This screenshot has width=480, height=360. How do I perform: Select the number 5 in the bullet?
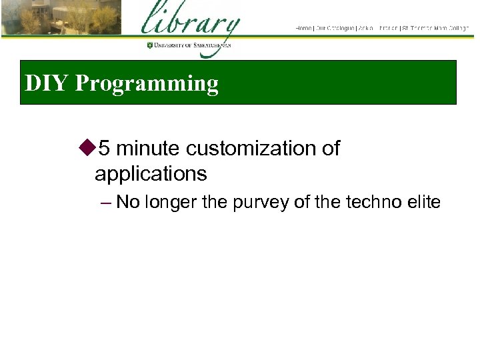(104, 148)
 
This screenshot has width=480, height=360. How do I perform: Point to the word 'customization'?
(251, 148)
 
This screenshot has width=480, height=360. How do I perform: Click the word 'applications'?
(151, 175)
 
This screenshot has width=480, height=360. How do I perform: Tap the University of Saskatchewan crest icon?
(150, 45)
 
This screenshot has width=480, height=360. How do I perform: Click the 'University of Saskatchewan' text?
(193, 45)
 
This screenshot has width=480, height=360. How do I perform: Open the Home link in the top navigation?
(303, 28)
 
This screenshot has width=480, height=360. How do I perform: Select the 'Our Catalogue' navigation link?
(335, 28)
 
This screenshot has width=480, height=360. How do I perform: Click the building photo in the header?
(61, 18)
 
